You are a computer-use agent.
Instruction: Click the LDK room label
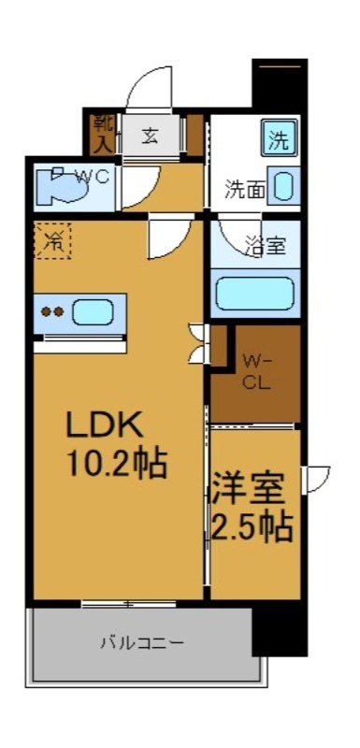[x=103, y=425]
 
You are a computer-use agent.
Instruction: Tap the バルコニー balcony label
[x=142, y=643]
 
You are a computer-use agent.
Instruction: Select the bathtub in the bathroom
[x=254, y=293]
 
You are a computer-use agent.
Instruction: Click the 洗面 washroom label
[x=242, y=190]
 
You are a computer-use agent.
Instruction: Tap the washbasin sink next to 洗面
[x=284, y=185]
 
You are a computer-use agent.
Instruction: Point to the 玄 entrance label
[x=149, y=135]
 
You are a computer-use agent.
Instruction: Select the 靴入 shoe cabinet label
[x=101, y=133]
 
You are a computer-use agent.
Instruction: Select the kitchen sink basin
[x=93, y=311]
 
